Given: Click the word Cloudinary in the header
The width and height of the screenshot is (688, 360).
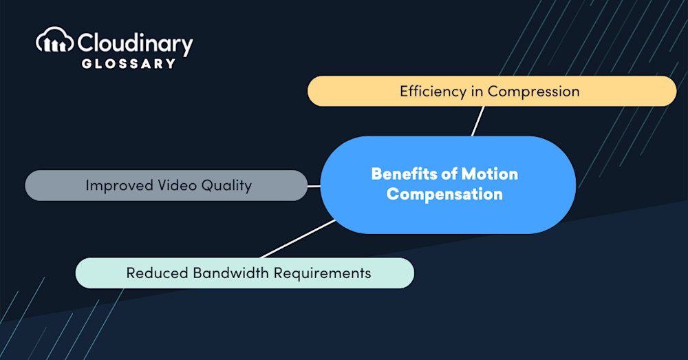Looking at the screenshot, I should [135, 44].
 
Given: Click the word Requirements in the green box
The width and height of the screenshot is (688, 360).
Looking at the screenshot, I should [323, 273].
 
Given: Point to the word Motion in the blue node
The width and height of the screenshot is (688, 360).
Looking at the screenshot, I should [491, 174].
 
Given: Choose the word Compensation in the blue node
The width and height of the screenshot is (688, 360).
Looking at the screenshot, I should [444, 194].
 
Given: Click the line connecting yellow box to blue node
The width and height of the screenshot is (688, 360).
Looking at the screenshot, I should [477, 121].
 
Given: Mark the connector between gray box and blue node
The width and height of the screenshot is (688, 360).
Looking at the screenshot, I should [314, 185].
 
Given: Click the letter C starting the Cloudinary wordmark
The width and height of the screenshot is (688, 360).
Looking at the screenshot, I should [86, 44].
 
